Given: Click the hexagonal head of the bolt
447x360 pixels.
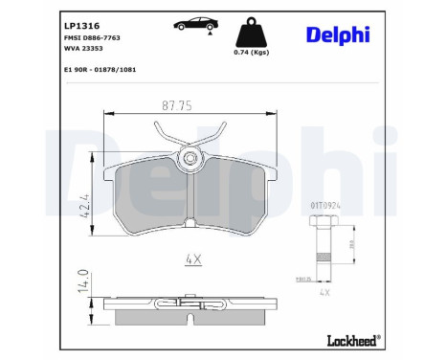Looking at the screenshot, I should (x=323, y=221).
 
